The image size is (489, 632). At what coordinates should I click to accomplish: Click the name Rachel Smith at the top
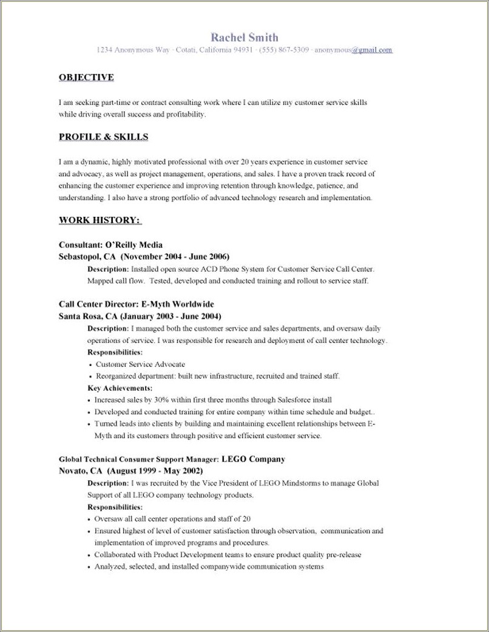coord(244,37)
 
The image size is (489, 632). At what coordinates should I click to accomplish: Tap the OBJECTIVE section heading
coord(86,77)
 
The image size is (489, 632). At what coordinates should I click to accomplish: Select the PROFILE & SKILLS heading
coord(103,137)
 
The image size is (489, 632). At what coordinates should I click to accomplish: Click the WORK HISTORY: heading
coord(100,219)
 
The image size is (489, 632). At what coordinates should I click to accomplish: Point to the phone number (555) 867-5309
coord(285,50)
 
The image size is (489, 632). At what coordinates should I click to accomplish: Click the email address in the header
coord(354,50)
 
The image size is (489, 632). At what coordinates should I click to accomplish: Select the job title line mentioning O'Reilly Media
coord(110,245)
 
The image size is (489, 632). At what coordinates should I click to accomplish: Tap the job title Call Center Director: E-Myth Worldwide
coord(137,304)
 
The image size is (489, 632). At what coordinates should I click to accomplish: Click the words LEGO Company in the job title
coord(253,459)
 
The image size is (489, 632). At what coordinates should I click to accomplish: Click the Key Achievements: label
coord(120,387)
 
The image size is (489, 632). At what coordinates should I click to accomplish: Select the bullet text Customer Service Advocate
coord(141,364)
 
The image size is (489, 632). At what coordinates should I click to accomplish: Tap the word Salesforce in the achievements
coord(295,400)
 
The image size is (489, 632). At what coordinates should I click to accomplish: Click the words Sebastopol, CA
coord(87,256)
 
